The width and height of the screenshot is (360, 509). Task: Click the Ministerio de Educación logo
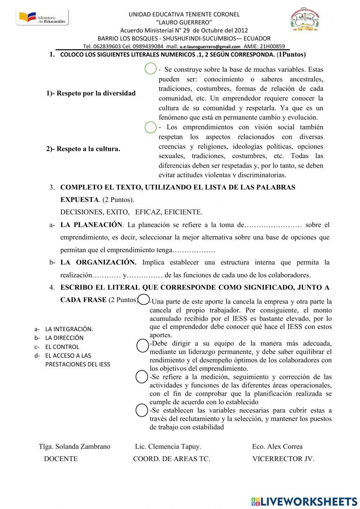[42, 18]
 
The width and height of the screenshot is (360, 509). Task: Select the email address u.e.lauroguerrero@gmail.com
[210, 46]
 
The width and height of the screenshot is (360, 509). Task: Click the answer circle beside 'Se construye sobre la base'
[150, 68]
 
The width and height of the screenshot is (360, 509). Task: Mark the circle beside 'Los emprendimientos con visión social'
[150, 127]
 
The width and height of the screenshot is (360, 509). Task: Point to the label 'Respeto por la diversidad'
[91, 93]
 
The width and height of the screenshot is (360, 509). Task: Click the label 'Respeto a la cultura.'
[83, 149]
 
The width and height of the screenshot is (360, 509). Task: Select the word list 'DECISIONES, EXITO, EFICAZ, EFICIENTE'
[131, 212]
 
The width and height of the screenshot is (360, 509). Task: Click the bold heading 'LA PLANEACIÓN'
[91, 225]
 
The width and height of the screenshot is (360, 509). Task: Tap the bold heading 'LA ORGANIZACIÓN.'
[98, 262]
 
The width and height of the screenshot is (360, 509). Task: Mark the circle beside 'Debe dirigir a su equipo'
[143, 345]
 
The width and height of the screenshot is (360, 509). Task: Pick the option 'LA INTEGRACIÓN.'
[69, 329]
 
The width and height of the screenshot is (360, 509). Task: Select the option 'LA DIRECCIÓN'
[64, 338]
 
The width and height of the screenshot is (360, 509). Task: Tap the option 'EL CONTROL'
[62, 347]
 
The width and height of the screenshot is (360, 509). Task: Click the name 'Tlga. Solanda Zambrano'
[75, 446]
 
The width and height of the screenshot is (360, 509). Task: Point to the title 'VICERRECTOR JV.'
[283, 459]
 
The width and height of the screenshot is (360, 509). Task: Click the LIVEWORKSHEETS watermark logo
[304, 501]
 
